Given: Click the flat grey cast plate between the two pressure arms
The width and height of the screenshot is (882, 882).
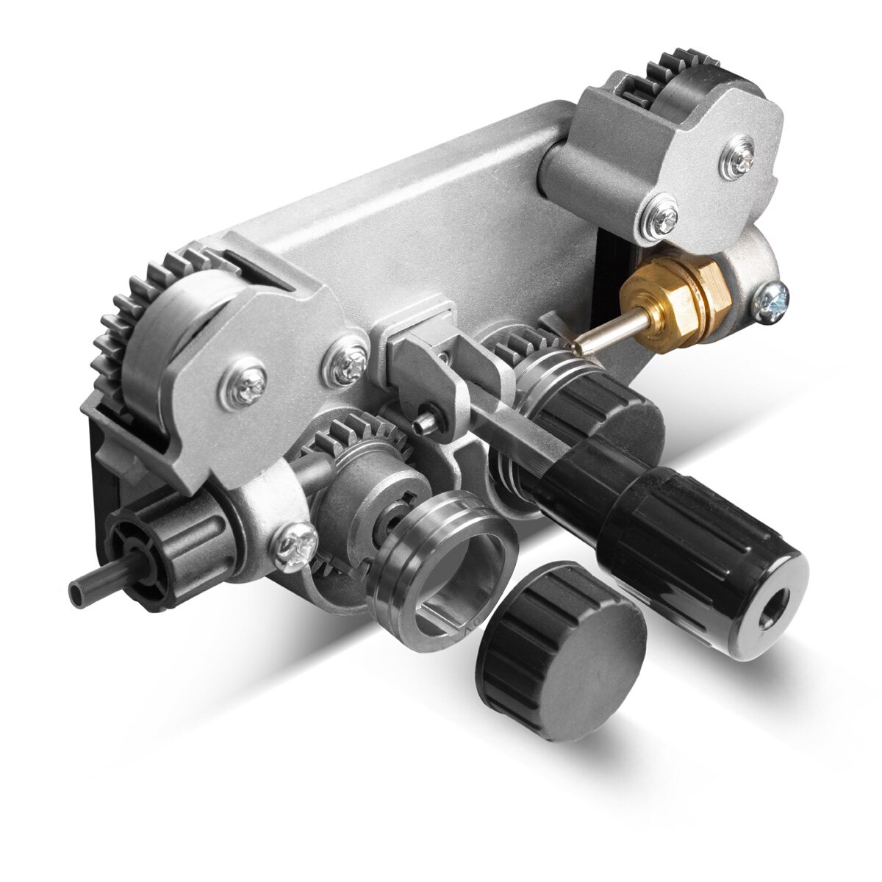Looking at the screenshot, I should click(412, 220).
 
